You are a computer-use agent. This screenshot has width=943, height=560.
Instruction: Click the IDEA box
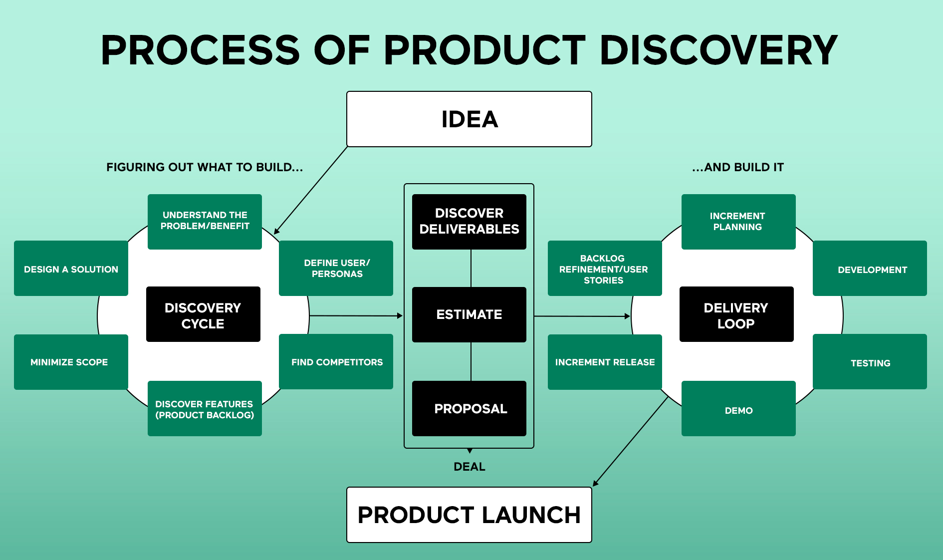469,119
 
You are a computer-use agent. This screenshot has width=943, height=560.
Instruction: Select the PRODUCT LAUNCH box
469,515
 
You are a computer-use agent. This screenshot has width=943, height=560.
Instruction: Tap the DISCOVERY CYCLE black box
203,314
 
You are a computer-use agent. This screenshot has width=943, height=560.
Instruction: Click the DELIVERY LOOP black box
736,314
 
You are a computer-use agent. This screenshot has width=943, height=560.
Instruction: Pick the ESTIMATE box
469,314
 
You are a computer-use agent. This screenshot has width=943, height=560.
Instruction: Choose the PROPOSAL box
469,408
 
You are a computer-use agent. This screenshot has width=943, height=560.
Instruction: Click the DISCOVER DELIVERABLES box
469,221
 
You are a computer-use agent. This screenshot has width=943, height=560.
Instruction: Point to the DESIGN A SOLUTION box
71,269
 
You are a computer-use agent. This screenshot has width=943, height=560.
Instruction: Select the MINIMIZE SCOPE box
71,362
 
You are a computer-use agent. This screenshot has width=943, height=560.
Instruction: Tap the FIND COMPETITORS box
336,362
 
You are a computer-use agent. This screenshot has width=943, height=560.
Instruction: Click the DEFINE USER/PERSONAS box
336,268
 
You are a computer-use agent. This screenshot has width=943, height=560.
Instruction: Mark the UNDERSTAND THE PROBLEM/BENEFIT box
205,221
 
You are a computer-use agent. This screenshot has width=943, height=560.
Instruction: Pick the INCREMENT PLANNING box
738,221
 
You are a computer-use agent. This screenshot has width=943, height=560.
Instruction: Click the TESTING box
870,362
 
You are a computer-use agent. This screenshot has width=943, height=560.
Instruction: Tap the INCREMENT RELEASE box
605,362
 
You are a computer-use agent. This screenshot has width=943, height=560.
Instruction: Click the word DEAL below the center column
469,467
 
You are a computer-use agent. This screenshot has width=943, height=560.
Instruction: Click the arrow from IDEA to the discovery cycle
310,190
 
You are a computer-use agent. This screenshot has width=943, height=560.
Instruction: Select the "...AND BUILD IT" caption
737,167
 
